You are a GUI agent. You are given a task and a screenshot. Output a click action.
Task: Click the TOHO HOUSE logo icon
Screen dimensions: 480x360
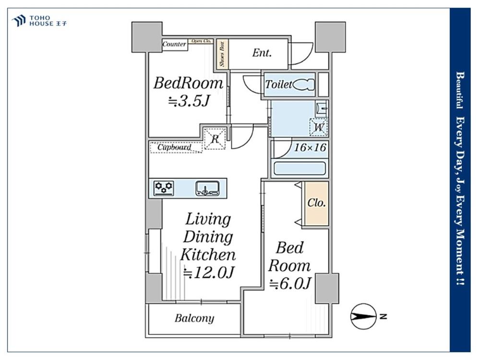19,21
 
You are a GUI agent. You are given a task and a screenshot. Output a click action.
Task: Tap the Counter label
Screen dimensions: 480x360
174,44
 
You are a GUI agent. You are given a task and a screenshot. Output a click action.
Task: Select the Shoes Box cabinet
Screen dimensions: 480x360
222,54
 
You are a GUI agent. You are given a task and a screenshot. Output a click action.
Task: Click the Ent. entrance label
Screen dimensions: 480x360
262,53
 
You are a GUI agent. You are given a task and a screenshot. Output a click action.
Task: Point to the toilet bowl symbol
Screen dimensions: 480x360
303,84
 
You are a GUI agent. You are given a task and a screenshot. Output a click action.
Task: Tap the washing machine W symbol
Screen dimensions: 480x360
319,127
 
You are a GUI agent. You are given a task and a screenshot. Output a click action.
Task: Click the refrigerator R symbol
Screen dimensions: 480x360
215,139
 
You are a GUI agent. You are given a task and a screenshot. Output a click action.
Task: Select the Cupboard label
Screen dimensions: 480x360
175,147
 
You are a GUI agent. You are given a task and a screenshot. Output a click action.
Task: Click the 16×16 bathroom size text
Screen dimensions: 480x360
310,147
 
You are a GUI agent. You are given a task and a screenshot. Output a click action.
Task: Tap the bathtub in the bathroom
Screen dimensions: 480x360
300,168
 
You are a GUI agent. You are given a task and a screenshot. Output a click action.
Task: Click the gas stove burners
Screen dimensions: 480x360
164,188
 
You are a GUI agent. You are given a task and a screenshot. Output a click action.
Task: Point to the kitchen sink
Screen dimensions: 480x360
207,188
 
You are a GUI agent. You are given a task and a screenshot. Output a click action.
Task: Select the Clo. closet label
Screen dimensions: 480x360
316,203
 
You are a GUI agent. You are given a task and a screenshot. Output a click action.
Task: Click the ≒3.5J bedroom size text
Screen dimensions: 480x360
189,101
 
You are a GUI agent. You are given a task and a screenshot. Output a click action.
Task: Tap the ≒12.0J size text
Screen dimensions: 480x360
209,272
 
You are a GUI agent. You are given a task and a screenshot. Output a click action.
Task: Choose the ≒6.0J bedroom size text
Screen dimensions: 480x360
290,283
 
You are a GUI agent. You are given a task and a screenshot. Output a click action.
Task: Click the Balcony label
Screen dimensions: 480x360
194,318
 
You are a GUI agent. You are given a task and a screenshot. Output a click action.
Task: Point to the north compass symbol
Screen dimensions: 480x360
364,316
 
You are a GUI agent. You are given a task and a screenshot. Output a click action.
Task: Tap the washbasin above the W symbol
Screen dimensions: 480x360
322,108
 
